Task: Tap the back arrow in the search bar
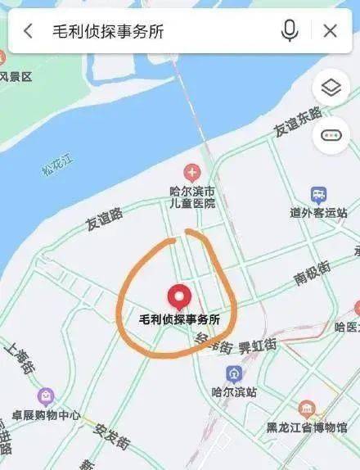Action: (29, 31)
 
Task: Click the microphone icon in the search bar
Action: (290, 31)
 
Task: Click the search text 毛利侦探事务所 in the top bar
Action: (108, 31)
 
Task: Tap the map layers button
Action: (331, 88)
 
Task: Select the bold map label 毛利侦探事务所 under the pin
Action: (179, 319)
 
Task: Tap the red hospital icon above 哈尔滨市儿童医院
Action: (191, 172)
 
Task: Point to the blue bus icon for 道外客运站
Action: (318, 194)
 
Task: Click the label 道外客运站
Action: (318, 213)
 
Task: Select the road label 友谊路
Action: (104, 219)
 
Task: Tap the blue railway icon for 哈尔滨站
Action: (235, 375)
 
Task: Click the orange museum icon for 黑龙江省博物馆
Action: (308, 409)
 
